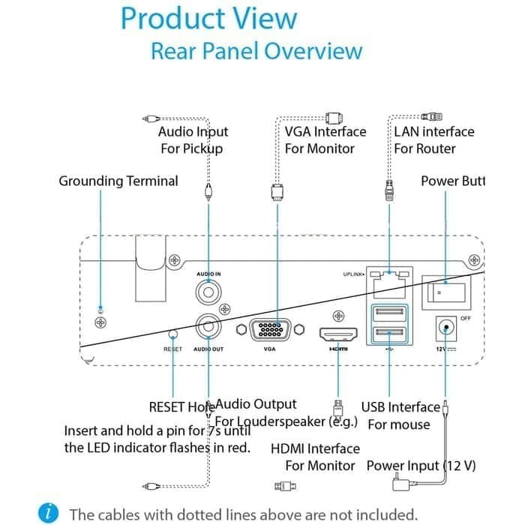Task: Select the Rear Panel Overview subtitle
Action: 256,51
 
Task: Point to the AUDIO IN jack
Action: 208,289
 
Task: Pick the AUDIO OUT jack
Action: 208,327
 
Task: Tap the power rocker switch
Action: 445,289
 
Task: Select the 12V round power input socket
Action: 446,327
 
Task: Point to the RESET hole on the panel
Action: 173,334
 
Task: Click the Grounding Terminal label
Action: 118,181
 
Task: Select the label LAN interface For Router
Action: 434,139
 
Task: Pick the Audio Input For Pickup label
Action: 193,139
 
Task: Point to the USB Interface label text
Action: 400,407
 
